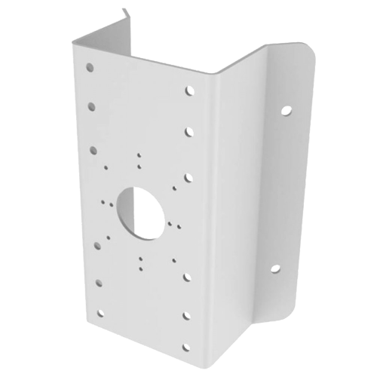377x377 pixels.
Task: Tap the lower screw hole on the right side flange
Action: pyautogui.click(x=274, y=268)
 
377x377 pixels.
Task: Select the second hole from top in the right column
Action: pyautogui.click(x=188, y=133)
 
